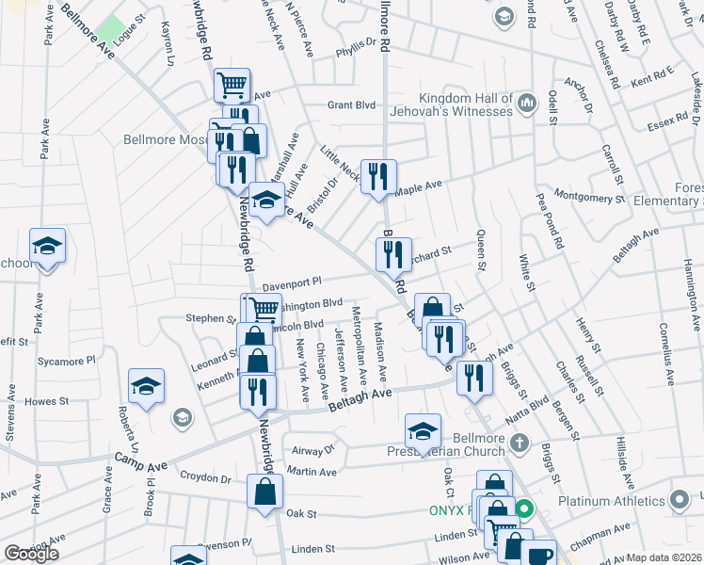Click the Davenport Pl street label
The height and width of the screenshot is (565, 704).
click(x=292, y=282)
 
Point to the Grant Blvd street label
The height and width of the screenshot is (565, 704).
click(x=351, y=105)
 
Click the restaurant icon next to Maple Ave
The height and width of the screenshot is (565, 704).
click(x=378, y=176)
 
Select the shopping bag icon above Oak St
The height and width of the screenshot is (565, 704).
click(x=265, y=491)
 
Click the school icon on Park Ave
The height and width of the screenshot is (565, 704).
click(x=47, y=247)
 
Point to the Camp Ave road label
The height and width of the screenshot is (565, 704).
click(x=134, y=457)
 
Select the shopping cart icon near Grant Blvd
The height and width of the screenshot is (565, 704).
click(x=232, y=86)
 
